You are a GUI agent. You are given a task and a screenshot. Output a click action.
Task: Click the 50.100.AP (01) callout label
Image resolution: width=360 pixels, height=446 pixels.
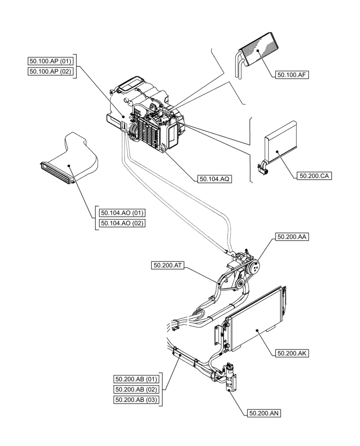(x=50, y=61)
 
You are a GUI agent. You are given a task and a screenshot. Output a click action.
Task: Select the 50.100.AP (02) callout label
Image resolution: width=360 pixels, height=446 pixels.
(x=50, y=71)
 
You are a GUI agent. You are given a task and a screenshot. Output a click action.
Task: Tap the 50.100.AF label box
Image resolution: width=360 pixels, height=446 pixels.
(x=292, y=75)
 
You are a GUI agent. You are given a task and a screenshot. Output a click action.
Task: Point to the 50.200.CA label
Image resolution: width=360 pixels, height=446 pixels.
(x=314, y=176)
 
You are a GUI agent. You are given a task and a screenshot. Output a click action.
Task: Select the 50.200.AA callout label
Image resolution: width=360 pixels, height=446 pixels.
(x=292, y=237)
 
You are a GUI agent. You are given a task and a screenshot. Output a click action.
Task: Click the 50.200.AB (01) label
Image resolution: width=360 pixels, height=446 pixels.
(x=136, y=380)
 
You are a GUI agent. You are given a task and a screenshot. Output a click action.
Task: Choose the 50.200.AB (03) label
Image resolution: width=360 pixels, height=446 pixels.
(x=136, y=400)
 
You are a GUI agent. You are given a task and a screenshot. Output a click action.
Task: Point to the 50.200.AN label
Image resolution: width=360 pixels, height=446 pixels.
(x=263, y=413)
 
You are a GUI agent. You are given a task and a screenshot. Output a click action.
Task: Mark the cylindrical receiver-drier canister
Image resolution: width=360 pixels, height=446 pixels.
(x=230, y=377)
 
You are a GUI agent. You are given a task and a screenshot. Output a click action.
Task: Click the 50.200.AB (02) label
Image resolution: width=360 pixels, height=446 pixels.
(x=136, y=390)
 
